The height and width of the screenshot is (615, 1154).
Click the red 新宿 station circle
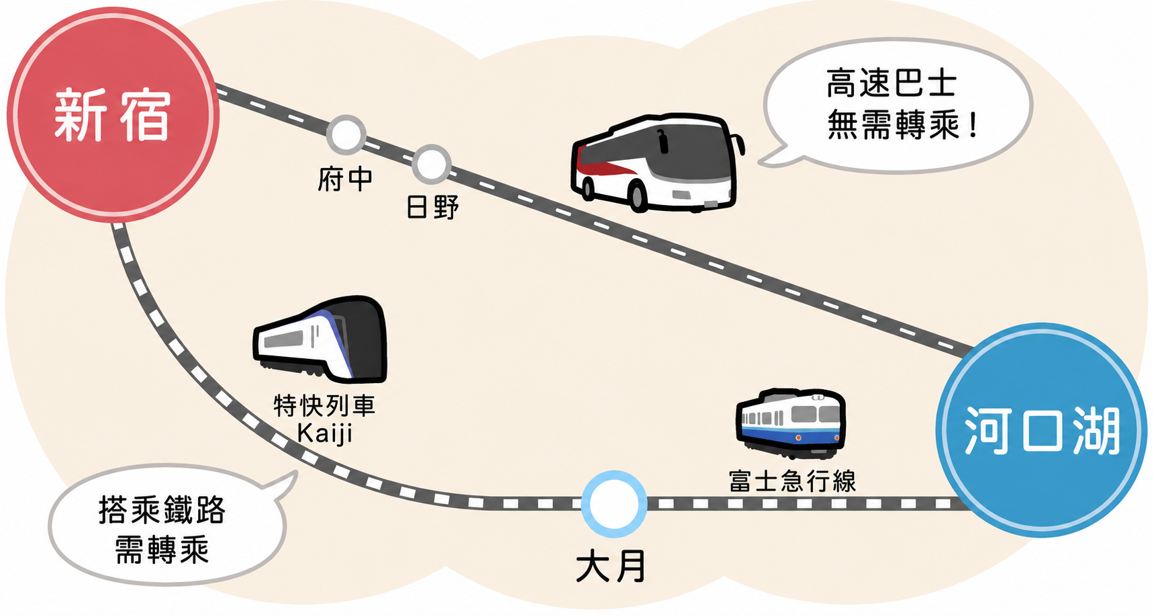point(113,114)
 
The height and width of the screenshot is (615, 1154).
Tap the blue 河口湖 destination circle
point(1041,430)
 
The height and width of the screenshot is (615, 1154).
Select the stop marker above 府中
point(346,134)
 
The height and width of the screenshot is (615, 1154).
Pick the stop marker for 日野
point(431,164)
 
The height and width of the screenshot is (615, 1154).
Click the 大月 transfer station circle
point(614,503)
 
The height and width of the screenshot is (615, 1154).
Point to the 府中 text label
point(345,179)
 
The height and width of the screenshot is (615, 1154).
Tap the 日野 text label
point(433,207)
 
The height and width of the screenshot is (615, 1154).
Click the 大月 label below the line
point(611,566)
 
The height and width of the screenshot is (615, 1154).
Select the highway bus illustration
point(656,163)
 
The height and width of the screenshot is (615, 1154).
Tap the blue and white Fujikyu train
point(791,422)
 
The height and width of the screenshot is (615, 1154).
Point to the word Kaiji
point(325,434)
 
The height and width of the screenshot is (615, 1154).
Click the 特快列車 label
point(324,405)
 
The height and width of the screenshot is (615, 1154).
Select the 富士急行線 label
point(792,481)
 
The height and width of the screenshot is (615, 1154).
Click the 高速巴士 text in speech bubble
point(892,83)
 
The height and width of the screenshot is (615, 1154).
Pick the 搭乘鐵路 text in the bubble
point(162,509)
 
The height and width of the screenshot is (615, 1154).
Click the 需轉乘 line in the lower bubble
point(162,550)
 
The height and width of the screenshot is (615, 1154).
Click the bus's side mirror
point(739,143)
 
